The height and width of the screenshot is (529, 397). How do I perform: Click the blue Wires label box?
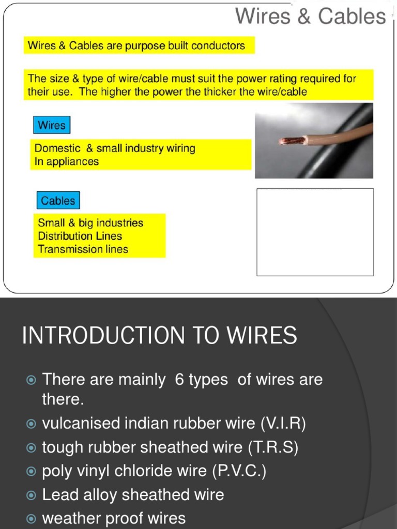pyautogui.click(x=52, y=126)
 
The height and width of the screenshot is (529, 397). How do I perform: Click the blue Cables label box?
pyautogui.click(x=58, y=201)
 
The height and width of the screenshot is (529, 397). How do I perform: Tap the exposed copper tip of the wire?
pyautogui.click(x=291, y=141)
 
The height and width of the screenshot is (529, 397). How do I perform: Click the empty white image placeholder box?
pyautogui.click(x=315, y=232)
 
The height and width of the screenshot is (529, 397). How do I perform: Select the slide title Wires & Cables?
pyautogui.click(x=310, y=17)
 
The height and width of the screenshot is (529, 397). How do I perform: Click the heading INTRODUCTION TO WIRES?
pyautogui.click(x=159, y=336)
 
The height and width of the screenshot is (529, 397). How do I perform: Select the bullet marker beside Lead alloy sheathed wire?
pyautogui.click(x=31, y=495)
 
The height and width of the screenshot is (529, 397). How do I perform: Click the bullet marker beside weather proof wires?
pyautogui.click(x=31, y=518)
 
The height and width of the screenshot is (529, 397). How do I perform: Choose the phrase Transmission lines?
pyautogui.click(x=83, y=250)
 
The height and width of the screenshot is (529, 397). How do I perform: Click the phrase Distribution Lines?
pyautogui.click(x=80, y=237)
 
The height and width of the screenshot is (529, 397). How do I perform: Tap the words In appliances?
pyautogui.click(x=66, y=162)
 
